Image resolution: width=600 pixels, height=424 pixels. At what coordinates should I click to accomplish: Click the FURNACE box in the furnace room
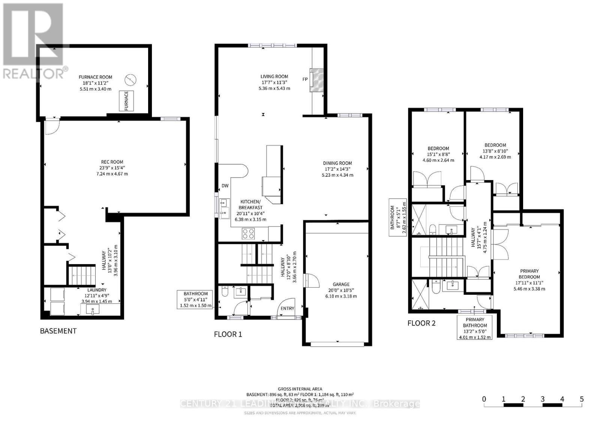(x=126, y=101)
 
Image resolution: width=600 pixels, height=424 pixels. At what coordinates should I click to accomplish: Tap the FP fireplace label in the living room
(x=305, y=79)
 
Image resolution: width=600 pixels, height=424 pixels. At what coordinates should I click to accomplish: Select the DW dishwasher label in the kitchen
(x=225, y=185)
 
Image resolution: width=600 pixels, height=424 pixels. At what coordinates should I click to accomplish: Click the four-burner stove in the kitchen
(x=248, y=234)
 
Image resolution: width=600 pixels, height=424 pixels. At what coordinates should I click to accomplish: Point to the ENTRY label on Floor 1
(x=288, y=308)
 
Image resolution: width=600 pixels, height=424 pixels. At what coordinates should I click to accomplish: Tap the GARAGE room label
(x=341, y=284)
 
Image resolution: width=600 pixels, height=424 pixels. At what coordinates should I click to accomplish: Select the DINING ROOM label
(x=337, y=163)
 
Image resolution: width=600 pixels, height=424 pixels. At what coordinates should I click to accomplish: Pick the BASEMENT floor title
(x=58, y=331)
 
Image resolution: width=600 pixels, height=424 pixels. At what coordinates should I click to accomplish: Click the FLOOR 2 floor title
(x=421, y=323)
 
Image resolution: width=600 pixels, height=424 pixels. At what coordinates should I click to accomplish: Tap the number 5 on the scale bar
(x=582, y=399)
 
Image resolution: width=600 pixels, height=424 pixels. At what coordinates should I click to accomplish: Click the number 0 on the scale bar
(x=484, y=399)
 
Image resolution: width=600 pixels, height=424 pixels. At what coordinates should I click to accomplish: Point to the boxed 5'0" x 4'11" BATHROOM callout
(x=195, y=299)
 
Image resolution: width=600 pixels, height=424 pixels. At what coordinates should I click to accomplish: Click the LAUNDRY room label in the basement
(x=97, y=290)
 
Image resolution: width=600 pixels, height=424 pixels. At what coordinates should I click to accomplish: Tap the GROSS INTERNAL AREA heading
(x=300, y=389)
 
